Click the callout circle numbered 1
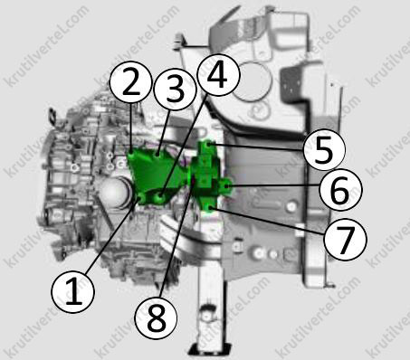pos(73,292)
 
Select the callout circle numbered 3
pos(175,89)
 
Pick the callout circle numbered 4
pos(218,75)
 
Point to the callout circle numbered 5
pos(324,150)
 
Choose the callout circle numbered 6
pos(340,189)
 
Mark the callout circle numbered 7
pos(345,239)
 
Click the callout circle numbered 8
pos(156,317)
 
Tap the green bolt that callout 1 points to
pos(141,198)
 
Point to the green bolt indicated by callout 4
pos(160,198)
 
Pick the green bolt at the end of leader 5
pos(209,145)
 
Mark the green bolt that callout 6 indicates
pos(227,185)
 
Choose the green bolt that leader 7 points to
pos(210,207)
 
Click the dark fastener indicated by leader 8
pos(193,181)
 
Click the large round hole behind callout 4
pos(252,81)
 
